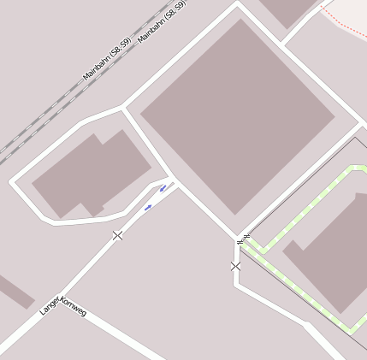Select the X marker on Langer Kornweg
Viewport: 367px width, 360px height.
tap(117, 235)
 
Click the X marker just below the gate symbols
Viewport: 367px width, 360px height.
tap(235, 267)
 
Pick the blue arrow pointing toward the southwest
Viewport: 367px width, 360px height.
tap(148, 207)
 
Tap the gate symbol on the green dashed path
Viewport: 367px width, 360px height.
tap(246, 236)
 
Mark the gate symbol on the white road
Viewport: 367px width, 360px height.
tap(240, 242)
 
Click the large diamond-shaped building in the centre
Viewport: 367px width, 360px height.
tap(237, 115)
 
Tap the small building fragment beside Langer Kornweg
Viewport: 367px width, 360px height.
tap(14, 291)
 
